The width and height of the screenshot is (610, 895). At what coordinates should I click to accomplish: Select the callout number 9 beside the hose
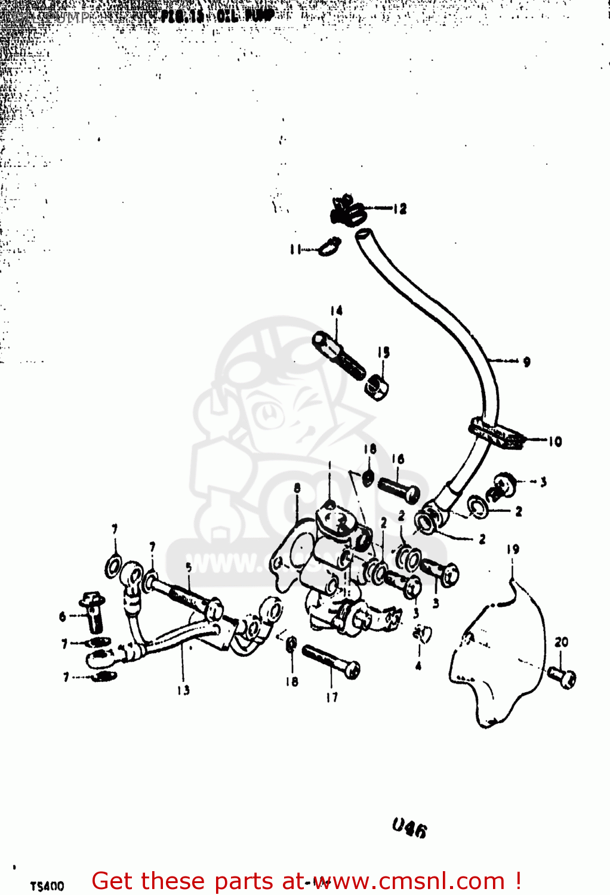pos(526,362)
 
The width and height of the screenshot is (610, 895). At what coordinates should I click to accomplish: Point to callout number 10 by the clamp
pos(555,442)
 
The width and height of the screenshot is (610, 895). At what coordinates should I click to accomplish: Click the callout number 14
pos(337,310)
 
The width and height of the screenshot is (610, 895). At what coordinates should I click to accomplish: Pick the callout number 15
pos(383,352)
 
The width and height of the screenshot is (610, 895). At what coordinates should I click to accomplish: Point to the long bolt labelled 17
pos(331,662)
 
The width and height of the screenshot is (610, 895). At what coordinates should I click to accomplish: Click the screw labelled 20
pos(562,677)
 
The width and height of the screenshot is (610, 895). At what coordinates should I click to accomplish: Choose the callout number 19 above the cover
pos(513,549)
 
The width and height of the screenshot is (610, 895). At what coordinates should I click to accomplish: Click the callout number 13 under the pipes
pos(183,690)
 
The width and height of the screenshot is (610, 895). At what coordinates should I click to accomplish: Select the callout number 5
pos(189,567)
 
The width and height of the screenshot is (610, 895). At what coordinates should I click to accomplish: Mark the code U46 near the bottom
pos(409,828)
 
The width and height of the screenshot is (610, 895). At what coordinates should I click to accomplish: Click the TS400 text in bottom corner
pos(47,886)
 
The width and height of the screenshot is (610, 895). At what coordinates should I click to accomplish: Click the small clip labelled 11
pos(329,246)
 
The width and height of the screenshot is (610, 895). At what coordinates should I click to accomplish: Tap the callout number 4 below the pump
pos(418,666)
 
